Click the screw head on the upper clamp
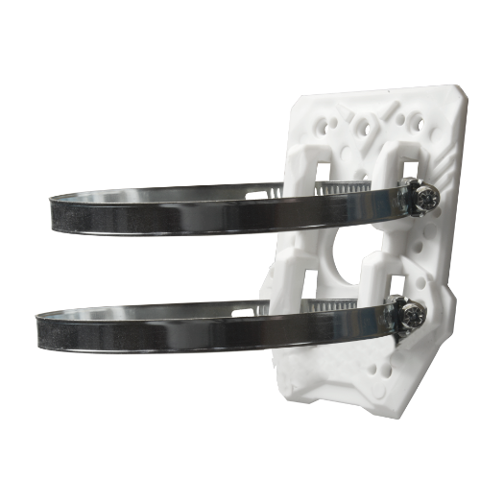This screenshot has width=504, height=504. click(x=429, y=199)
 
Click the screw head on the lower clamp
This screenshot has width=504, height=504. click(x=412, y=316)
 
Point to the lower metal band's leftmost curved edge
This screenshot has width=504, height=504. click(x=39, y=332)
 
